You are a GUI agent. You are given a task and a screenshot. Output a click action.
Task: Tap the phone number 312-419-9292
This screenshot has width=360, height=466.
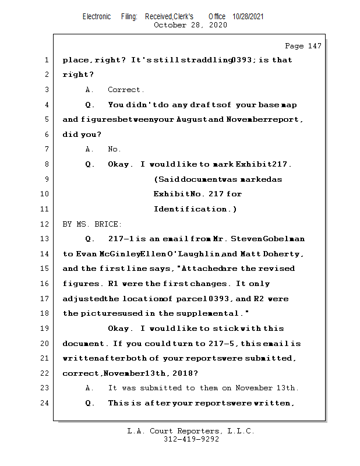[191, 440]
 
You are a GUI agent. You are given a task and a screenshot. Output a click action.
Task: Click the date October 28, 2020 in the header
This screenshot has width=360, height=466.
[190, 25]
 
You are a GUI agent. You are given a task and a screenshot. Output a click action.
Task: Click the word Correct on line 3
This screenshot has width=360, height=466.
[125, 90]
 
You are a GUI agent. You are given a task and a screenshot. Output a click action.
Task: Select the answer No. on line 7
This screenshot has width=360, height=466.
[114, 149]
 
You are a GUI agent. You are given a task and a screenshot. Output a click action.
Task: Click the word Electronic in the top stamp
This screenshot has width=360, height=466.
[97, 17]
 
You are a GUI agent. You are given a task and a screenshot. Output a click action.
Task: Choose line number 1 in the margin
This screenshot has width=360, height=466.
[47, 60]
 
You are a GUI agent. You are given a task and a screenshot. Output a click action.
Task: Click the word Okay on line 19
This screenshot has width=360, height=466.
[119, 329]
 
